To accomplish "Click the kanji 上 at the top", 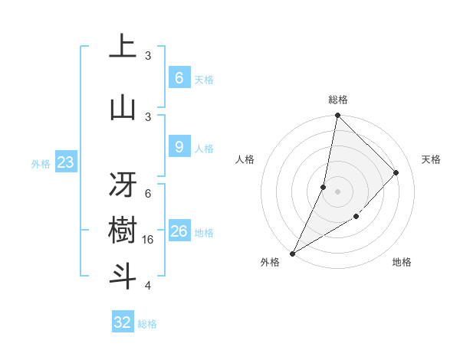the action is [123, 47].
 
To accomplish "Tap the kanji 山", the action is [123, 107].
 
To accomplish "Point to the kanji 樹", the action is [123, 231].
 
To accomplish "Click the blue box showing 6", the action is [179, 77].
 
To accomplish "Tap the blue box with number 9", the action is [179, 147].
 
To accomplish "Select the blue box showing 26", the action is [179, 231].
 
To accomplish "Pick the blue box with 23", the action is [65, 162].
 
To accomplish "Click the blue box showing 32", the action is [123, 322].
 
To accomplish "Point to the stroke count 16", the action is [149, 240].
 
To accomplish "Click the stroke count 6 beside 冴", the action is [148, 193].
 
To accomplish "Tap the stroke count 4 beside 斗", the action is [148, 286].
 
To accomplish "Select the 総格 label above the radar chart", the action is [338, 100].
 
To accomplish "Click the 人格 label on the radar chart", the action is [245, 159].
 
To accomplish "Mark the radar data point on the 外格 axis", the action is [292, 253].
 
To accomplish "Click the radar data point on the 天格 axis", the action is [396, 172].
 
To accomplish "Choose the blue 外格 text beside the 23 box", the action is [41, 163].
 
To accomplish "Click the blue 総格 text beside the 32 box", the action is [147, 323].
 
